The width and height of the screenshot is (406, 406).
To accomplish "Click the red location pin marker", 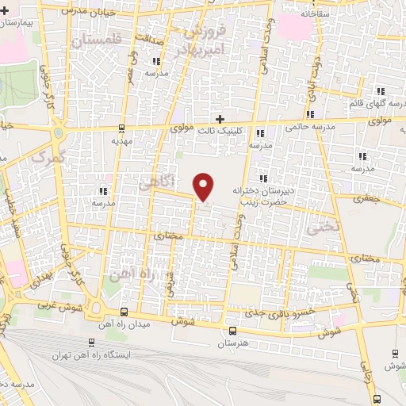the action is pos(205,186).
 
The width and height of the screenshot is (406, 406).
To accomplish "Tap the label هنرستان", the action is pos(232,344).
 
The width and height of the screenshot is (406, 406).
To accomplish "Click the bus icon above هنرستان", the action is pos(232,331).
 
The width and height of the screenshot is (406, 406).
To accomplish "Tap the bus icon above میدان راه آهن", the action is pos(124,312).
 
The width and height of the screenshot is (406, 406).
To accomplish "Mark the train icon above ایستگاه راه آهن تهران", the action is pos(92,343).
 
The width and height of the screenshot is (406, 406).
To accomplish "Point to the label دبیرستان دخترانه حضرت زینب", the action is pos(263,196).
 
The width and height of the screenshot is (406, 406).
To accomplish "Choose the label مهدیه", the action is pos(120,141).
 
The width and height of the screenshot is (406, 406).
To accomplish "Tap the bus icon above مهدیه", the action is pos(121,128).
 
